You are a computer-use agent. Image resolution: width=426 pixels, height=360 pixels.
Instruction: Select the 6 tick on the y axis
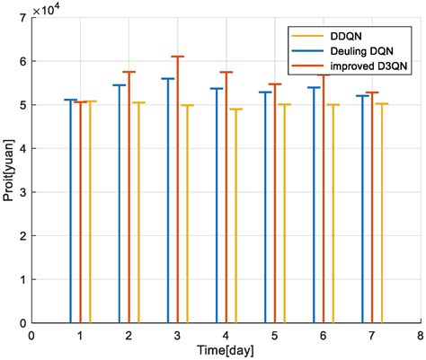point(22,61)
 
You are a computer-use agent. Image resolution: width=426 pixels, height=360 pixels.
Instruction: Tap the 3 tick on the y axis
point(22,192)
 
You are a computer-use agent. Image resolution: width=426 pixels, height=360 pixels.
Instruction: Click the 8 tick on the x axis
point(420,335)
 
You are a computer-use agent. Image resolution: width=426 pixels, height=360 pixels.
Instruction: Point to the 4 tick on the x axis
point(226,335)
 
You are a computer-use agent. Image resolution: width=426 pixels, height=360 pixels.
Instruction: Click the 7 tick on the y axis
point(22,18)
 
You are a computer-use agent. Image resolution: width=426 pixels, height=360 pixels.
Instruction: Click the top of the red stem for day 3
point(177,57)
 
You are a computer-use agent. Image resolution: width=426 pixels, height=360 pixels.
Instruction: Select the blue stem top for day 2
point(119,85)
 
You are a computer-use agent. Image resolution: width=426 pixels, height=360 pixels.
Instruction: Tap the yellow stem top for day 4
point(235,110)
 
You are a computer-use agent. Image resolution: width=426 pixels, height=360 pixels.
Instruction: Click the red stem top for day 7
point(372,92)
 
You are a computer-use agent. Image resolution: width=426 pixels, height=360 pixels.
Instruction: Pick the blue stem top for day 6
point(314,87)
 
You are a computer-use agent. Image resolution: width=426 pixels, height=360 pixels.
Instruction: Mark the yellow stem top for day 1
point(90,101)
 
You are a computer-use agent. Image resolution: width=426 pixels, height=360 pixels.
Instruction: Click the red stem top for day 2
point(129,72)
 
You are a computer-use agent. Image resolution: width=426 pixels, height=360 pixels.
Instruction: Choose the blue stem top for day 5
point(265,92)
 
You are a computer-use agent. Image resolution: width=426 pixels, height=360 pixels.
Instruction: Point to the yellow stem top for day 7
point(382,104)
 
